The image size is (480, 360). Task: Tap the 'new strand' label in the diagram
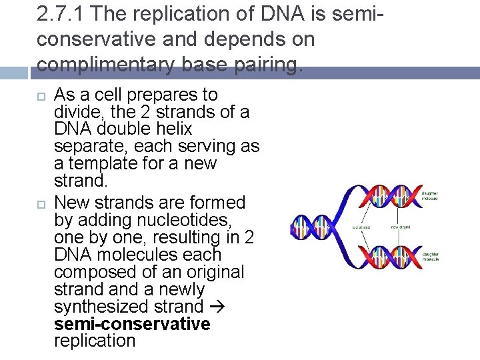coord(401,227)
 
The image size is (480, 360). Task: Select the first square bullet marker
coord(41,96)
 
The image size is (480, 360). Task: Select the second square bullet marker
coord(41,203)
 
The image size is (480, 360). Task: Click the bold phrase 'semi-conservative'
coord(132,324)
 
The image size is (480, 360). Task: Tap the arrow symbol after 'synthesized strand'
coord(217,307)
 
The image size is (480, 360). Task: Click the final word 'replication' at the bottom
coord(95,341)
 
